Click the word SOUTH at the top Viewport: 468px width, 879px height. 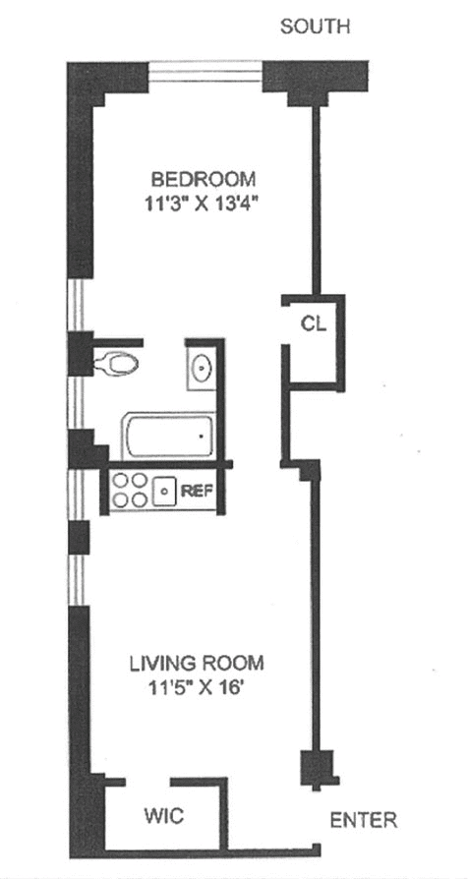[x=315, y=27]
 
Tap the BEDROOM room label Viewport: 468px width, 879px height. [x=204, y=180]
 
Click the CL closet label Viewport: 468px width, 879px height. [x=314, y=324]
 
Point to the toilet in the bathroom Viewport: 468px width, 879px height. [x=115, y=365]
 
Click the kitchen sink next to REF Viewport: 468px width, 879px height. [x=165, y=491]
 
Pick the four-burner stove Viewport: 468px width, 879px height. [x=130, y=490]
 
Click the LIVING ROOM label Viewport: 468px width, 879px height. [x=197, y=664]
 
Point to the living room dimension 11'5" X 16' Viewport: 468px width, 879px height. [x=197, y=687]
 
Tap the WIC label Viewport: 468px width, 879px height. [x=163, y=816]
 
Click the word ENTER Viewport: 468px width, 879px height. [x=364, y=821]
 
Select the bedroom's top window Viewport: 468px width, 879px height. [x=205, y=76]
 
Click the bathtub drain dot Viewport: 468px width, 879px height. [x=202, y=436]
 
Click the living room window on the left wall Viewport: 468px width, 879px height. [x=78, y=580]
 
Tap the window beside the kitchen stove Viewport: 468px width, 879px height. [x=78, y=495]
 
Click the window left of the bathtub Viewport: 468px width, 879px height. [x=77, y=402]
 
